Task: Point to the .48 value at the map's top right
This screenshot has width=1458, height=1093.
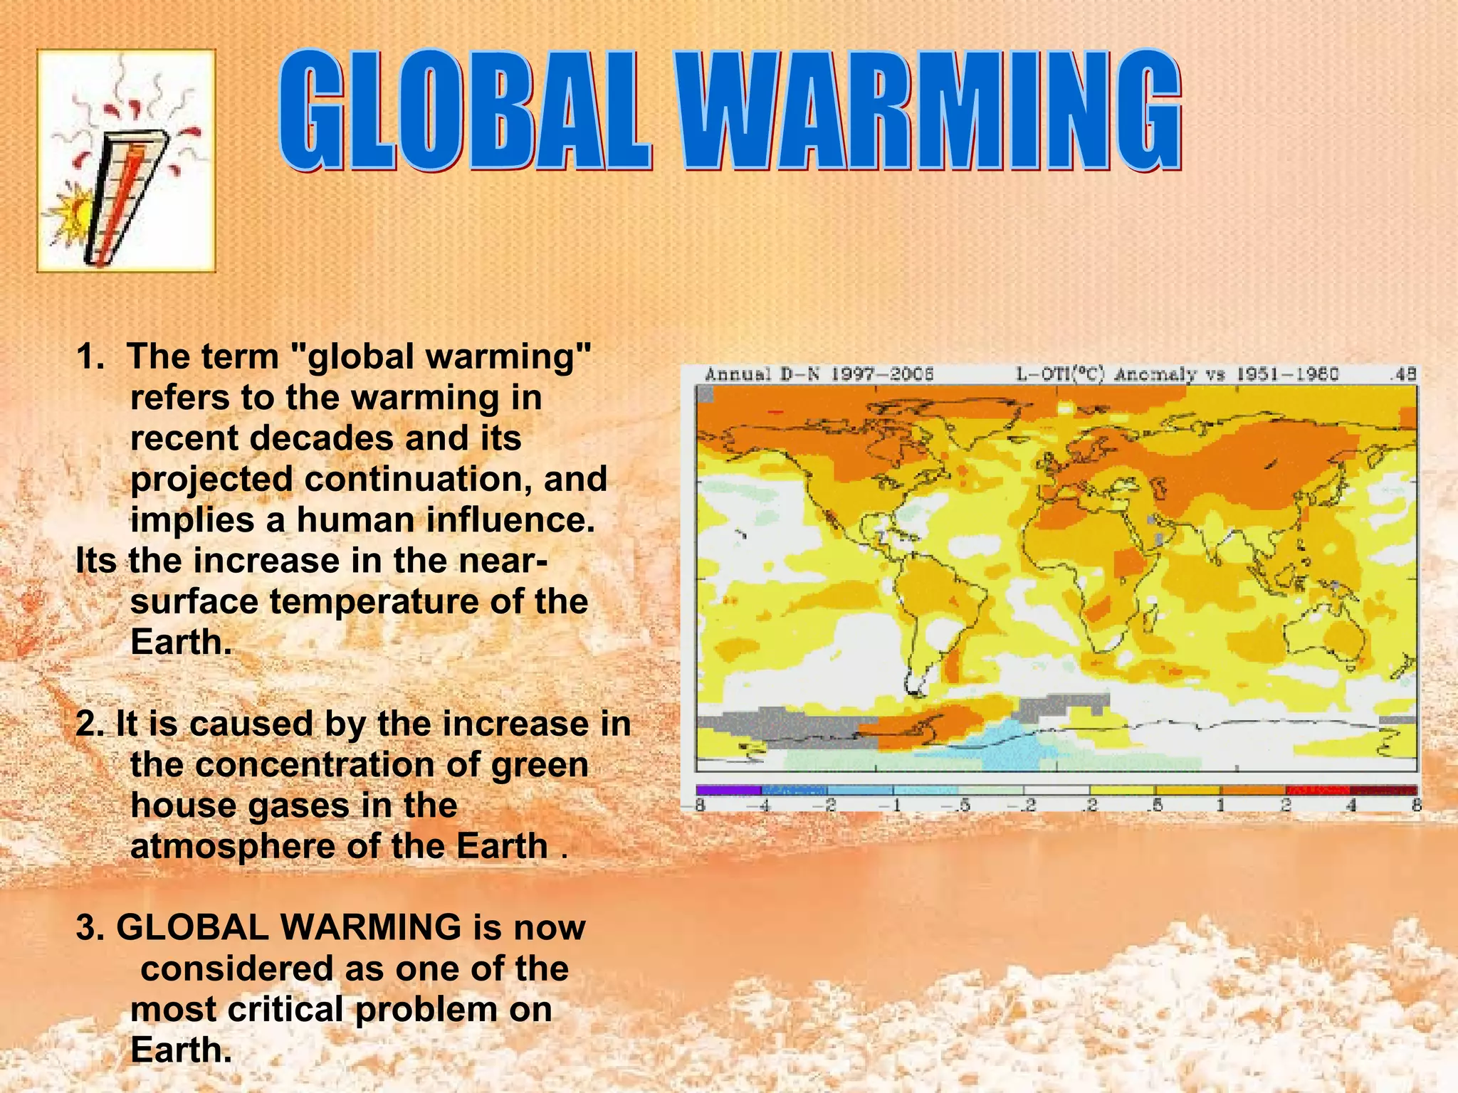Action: click(1404, 374)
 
